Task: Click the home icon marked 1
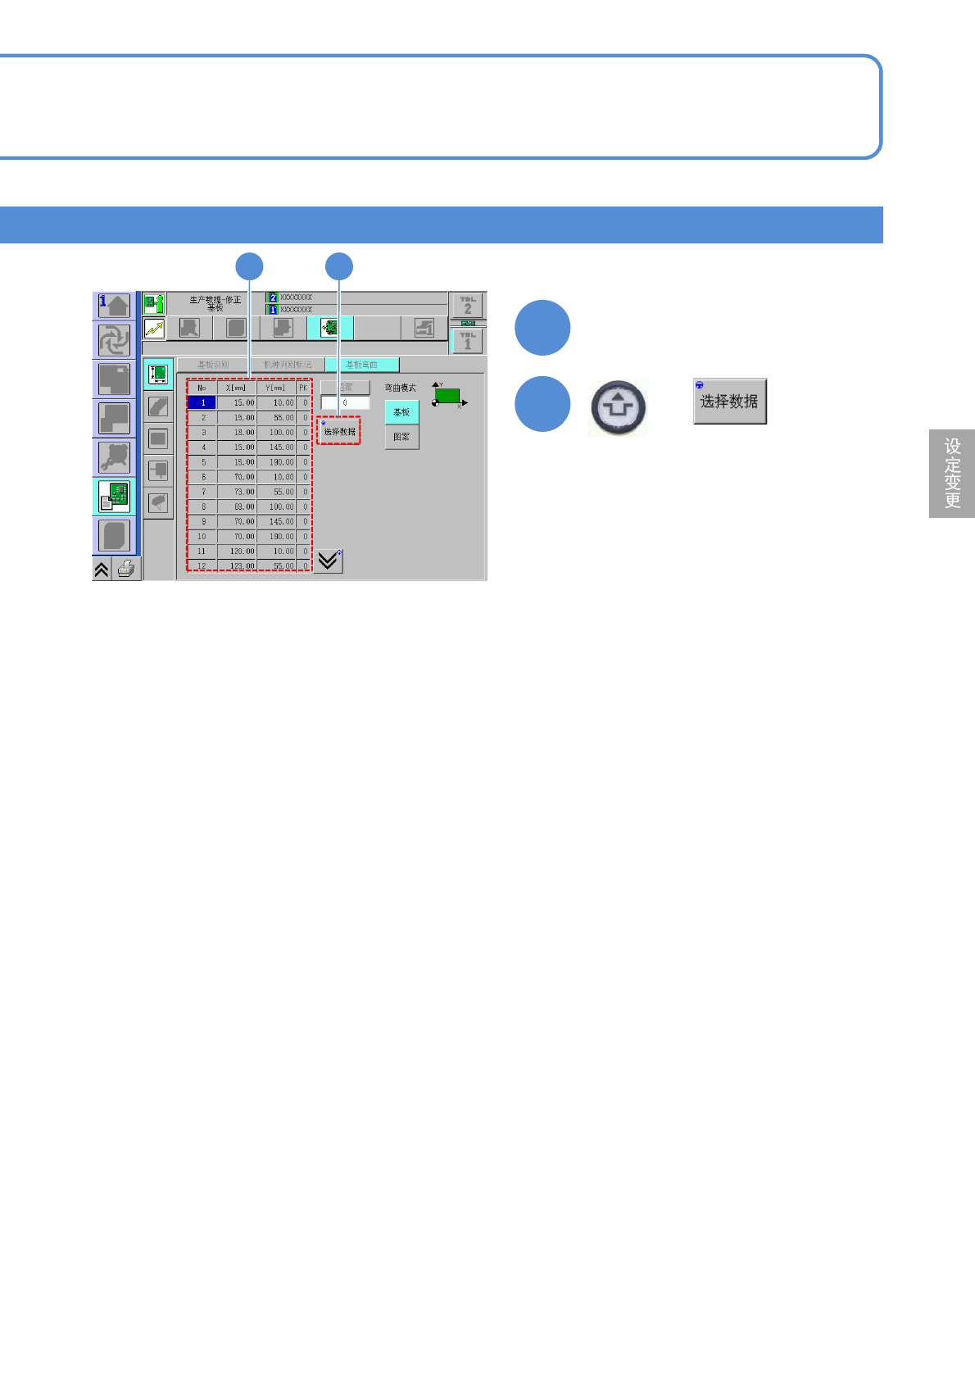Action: point(114,306)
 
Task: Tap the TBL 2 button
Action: point(468,306)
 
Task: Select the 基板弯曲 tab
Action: point(361,365)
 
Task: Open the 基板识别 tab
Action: point(213,365)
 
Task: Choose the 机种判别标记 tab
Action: point(287,365)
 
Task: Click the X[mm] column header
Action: point(236,388)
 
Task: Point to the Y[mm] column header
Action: point(275,388)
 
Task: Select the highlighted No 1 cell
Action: point(202,403)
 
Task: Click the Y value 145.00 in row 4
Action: point(276,447)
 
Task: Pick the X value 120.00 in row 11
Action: point(237,552)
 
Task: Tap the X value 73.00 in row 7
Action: point(237,492)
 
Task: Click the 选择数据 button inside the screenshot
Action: point(339,431)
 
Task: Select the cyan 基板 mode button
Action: point(401,412)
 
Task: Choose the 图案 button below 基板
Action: point(401,437)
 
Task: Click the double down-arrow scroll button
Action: point(329,561)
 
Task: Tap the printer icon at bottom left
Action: point(125,569)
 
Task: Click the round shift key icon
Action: point(618,407)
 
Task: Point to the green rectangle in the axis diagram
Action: point(447,396)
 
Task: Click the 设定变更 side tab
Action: point(952,474)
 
